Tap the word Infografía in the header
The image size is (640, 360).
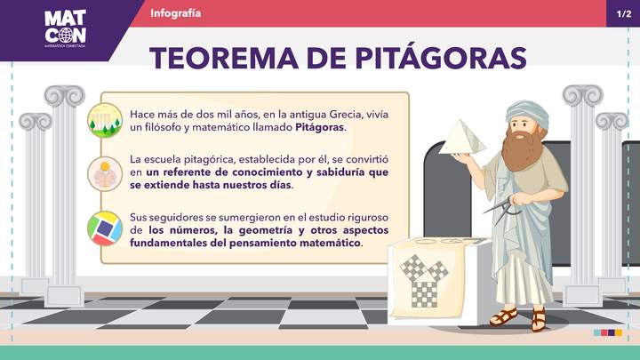click(x=176, y=13)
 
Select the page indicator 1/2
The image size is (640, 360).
click(x=623, y=13)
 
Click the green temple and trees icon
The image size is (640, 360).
click(x=105, y=120)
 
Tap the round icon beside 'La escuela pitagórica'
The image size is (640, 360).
click(x=105, y=173)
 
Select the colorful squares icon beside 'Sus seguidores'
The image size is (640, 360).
click(x=105, y=228)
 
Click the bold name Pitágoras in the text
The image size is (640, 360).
click(x=319, y=128)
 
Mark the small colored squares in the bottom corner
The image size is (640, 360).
click(x=608, y=332)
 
